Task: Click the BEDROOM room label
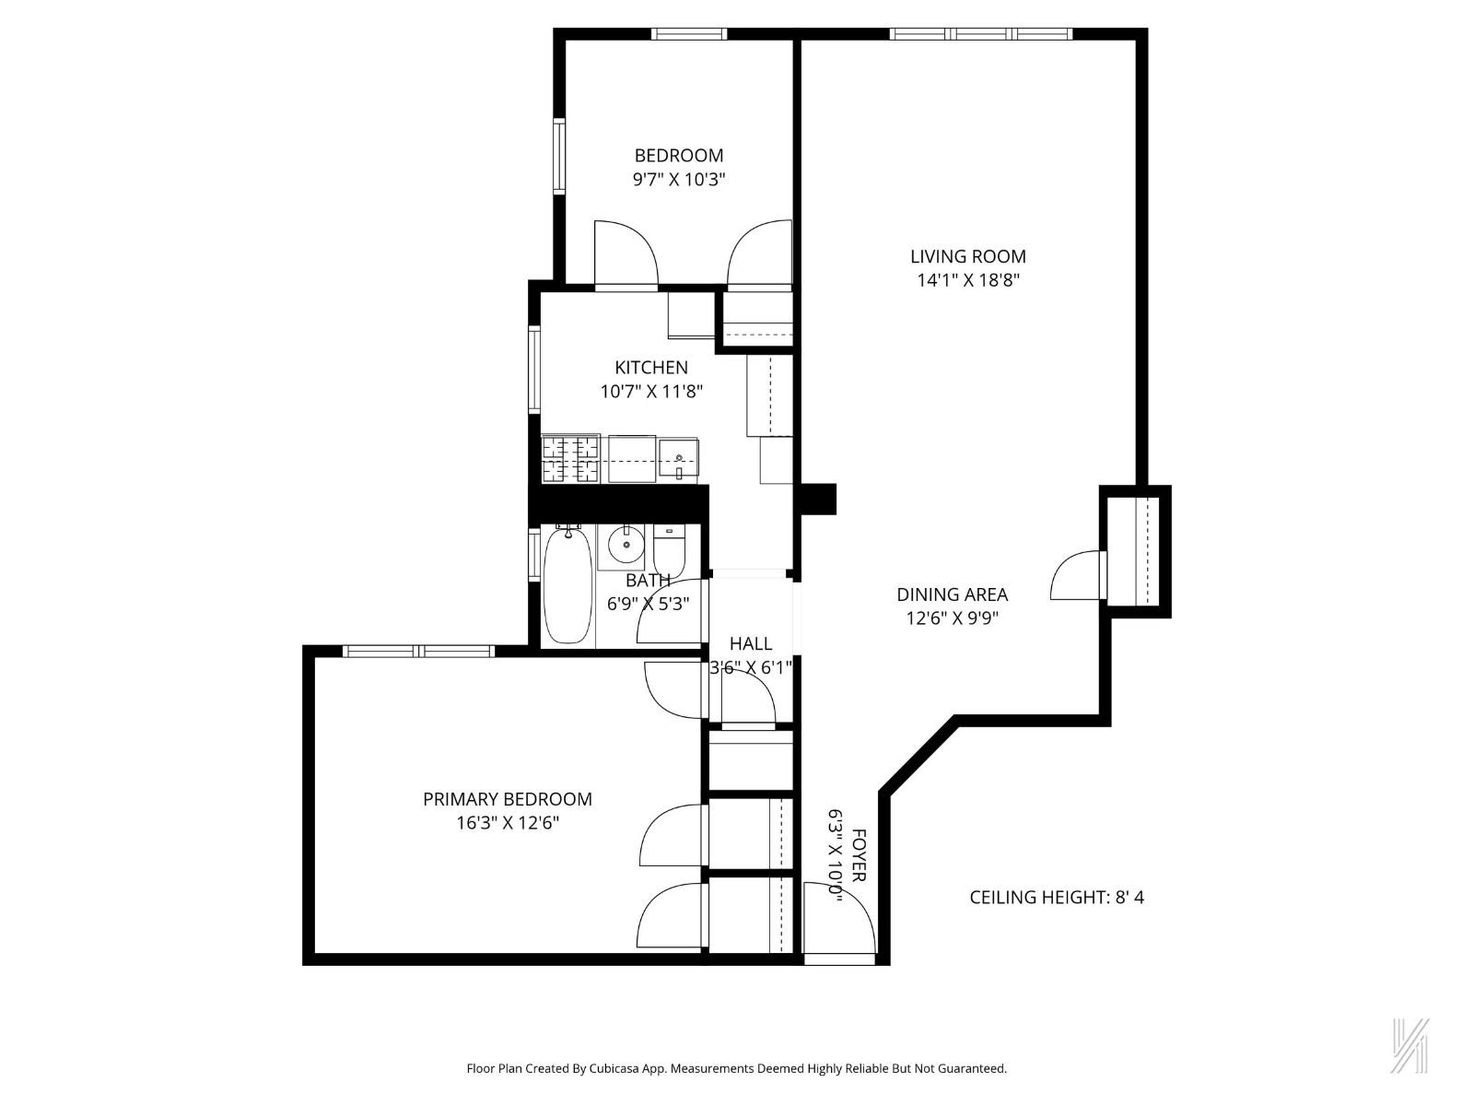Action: pos(679,155)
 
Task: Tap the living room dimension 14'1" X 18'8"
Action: pos(967,280)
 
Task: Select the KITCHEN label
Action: pos(651,367)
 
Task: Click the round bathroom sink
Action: pos(626,544)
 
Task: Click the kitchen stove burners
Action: pos(571,459)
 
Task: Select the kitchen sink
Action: pos(680,459)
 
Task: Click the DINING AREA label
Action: pos(952,594)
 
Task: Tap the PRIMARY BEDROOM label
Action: pos(508,799)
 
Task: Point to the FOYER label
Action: pos(858,856)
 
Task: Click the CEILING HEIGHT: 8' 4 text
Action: pos(1057,897)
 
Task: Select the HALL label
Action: pos(751,643)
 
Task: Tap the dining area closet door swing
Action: pos(1076,577)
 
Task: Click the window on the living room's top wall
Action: pos(981,34)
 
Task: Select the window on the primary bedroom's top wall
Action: pos(419,651)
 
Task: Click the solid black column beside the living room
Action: pos(818,499)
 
